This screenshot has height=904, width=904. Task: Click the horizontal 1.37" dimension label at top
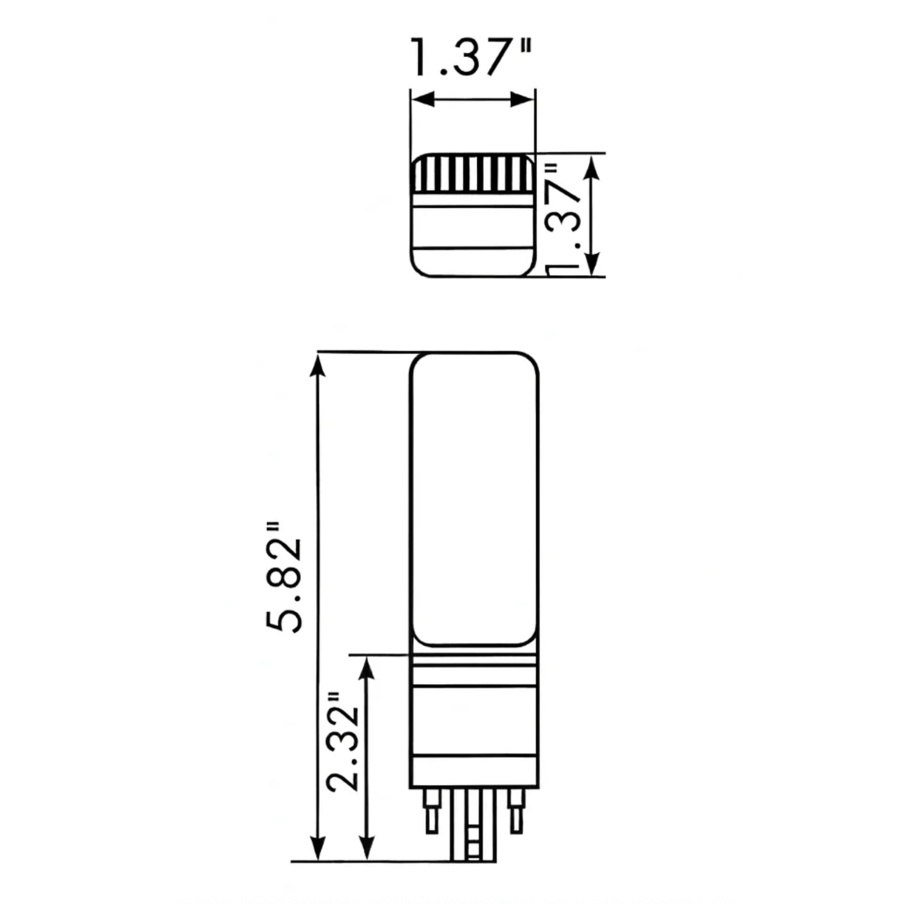[471, 57]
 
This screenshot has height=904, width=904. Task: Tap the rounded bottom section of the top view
[474, 263]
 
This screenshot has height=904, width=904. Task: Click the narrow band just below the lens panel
[474, 661]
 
